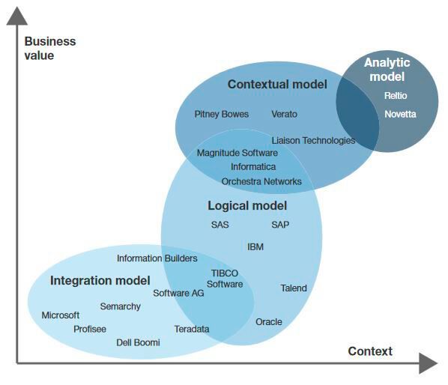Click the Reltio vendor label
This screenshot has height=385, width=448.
(x=396, y=96)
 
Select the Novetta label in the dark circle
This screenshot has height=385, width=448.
(x=400, y=115)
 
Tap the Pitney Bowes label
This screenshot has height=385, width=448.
(x=223, y=115)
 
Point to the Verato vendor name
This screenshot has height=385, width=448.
(x=284, y=115)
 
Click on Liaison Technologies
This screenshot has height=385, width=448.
(x=313, y=140)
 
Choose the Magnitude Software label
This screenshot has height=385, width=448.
(x=237, y=153)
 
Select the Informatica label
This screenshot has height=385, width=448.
(x=253, y=166)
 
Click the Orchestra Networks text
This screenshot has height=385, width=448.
(x=261, y=181)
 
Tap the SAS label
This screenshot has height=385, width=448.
(x=220, y=225)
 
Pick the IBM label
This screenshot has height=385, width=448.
(x=255, y=246)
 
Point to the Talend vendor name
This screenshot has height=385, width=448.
(x=294, y=288)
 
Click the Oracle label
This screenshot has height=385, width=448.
(x=269, y=322)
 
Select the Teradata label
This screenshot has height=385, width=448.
(x=192, y=329)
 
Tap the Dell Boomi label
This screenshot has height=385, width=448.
(x=138, y=343)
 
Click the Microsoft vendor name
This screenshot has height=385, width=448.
(x=60, y=315)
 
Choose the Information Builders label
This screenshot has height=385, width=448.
(x=157, y=258)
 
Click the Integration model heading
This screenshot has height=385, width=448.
(x=100, y=281)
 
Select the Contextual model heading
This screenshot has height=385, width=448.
(x=277, y=85)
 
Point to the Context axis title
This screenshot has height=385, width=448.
(x=370, y=351)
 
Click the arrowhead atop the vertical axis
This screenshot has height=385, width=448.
(x=16, y=16)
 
